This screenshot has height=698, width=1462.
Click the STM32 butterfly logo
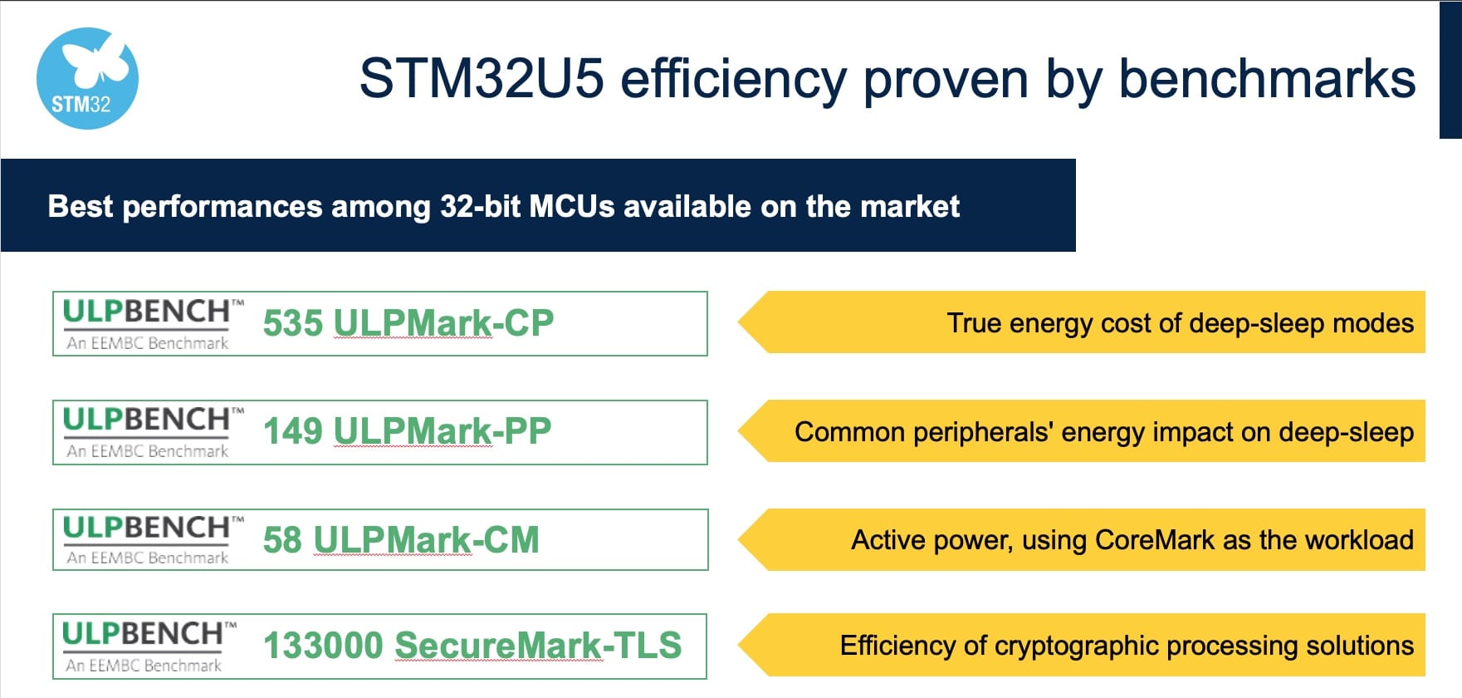pos(87,79)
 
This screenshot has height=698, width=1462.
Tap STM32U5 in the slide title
pos(482,80)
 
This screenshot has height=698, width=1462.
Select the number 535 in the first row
pos(292,323)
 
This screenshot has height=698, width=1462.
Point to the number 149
pos(292,431)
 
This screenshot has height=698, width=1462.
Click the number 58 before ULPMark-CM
pos(282,540)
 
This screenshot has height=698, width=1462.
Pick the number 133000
pos(323,646)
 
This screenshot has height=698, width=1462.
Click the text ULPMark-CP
pos(443,323)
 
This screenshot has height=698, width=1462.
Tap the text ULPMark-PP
pos(443,431)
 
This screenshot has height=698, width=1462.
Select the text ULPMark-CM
pos(426,540)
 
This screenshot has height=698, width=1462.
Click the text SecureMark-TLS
pos(538,646)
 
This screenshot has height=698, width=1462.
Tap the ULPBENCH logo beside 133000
pos(145,646)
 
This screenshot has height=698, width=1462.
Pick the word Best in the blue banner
pos(80,206)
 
